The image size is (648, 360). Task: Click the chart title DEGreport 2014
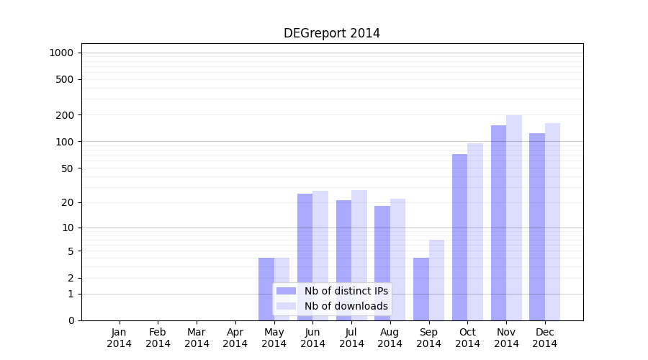pos(331,33)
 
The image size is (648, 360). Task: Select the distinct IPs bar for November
pos(498,222)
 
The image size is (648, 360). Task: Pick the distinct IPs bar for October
pos(459,237)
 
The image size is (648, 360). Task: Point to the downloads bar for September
pos(436,280)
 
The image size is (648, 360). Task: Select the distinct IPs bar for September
pos(421,289)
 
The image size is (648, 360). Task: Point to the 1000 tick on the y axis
pos(61,53)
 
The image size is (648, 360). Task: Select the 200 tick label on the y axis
pos(64,115)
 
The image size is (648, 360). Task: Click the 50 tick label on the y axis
pos(67,168)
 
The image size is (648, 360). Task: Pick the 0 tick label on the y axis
pos(71,320)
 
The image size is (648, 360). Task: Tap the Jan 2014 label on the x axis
pos(120,338)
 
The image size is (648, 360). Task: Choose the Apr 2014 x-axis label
pos(235,338)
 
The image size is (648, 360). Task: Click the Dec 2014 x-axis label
pos(545,338)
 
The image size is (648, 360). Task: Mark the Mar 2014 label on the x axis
pos(197,338)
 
